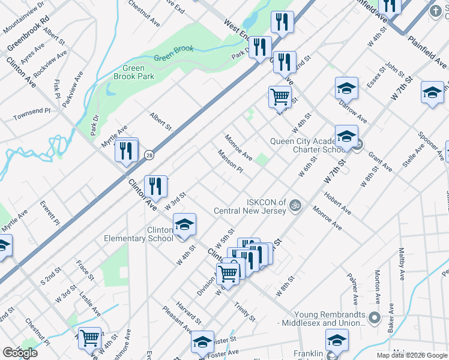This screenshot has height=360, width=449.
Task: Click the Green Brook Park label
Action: click(x=134, y=73)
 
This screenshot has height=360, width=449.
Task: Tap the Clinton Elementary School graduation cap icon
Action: click(x=184, y=224)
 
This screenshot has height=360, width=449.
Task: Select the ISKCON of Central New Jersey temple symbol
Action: click(x=294, y=206)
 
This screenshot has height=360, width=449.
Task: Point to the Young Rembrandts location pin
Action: click(x=375, y=317)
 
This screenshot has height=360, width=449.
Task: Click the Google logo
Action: click(x=19, y=352)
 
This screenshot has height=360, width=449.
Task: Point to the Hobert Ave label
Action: click(x=337, y=203)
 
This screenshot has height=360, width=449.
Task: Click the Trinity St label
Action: click(x=246, y=311)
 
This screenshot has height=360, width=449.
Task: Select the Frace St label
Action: click(x=85, y=270)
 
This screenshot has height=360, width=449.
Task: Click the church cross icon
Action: click(x=435, y=11)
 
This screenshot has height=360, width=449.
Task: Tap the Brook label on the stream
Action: click(x=184, y=50)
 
